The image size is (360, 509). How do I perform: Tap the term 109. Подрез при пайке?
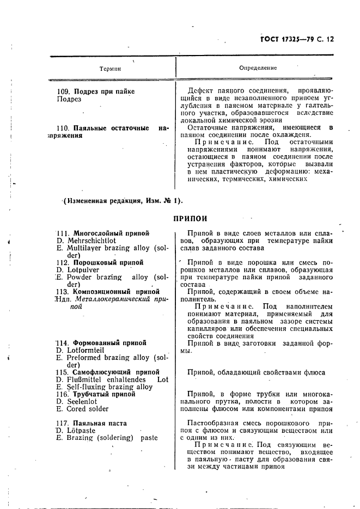point(96,91)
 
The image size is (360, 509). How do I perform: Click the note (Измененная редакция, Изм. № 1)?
point(123,200)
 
